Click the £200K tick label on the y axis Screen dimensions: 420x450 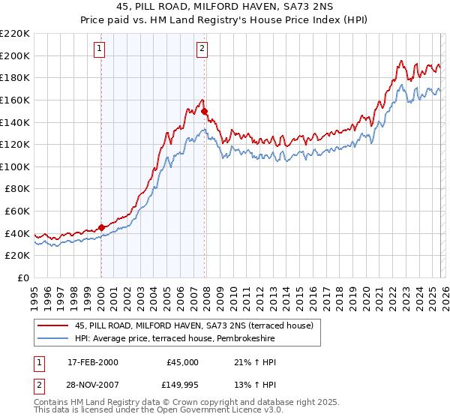pos(16,55)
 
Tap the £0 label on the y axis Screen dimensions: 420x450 pos(24,277)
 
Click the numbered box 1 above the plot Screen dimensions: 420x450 pos(100,49)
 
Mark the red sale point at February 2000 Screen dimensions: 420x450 pos(101,228)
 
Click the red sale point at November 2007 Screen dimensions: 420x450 pos(205,111)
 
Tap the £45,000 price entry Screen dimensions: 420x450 pos(181,362)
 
